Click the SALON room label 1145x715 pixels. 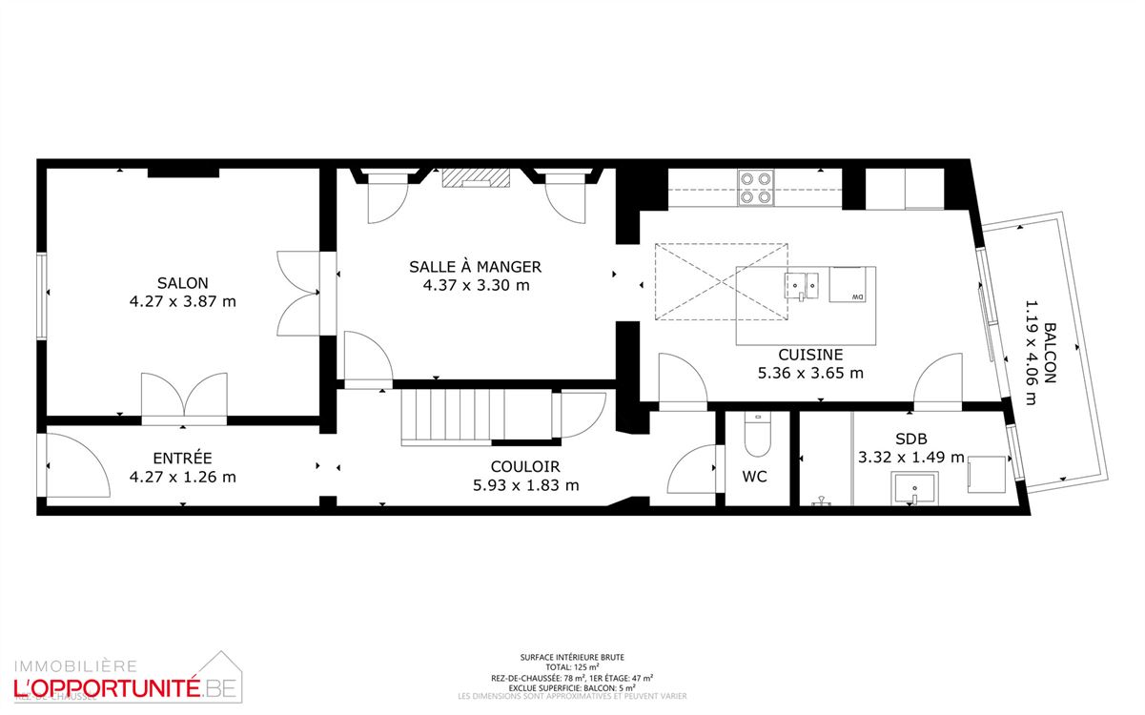click(x=183, y=283)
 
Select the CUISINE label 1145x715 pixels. click(x=810, y=354)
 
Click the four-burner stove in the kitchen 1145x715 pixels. click(x=757, y=187)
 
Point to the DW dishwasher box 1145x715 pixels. click(x=852, y=284)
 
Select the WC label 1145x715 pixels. click(x=755, y=477)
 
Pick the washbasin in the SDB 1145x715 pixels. click(x=913, y=492)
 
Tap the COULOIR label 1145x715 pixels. click(x=525, y=467)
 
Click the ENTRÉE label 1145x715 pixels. click(x=182, y=459)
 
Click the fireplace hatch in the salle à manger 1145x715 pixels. click(x=475, y=178)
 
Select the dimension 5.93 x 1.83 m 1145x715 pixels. click(x=525, y=484)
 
